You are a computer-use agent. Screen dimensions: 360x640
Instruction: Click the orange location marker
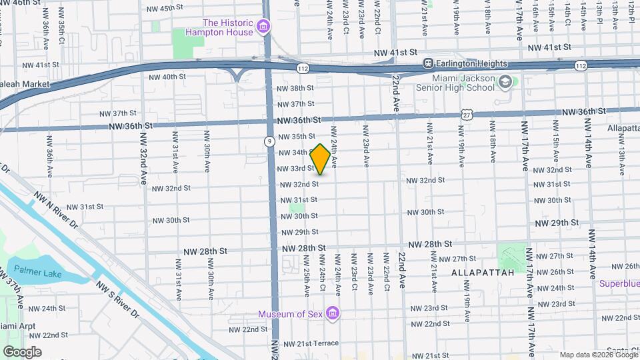320,159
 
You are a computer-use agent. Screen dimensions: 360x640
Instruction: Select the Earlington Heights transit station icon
429,64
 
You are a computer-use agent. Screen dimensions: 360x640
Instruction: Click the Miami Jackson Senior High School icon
506,82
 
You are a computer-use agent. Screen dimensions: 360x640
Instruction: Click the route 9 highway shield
268,141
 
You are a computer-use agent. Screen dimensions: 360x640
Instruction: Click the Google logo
22,351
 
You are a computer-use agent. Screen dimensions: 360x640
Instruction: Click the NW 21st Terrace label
311,343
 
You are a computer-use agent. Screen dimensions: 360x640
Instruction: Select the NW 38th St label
295,88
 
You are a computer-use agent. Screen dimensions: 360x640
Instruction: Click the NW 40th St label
166,77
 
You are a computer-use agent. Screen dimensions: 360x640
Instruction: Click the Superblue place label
619,284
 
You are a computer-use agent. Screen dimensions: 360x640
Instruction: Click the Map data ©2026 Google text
598,355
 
